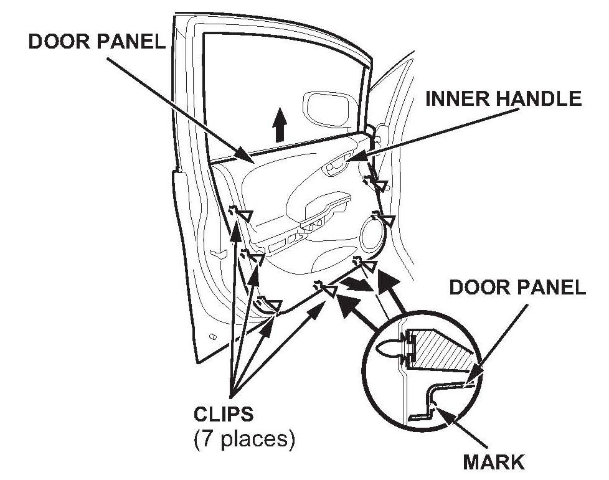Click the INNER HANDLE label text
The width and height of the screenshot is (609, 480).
point(503,99)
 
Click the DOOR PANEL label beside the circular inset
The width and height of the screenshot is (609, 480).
point(517,287)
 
